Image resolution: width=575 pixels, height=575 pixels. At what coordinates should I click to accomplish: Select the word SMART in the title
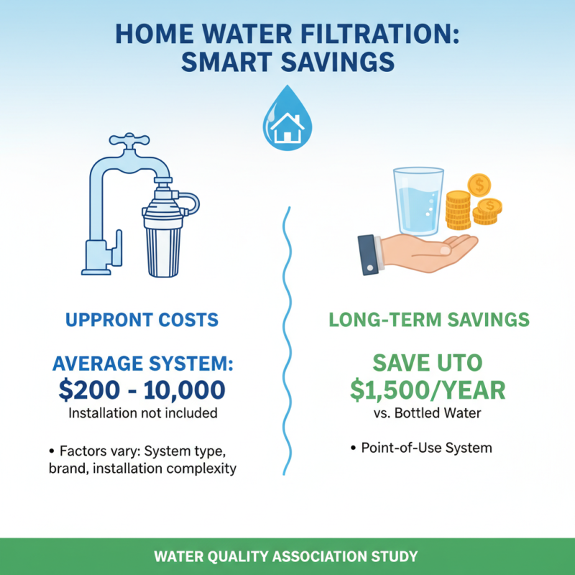tap(228, 62)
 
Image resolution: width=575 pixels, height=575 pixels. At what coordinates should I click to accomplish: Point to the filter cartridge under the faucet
tap(163, 241)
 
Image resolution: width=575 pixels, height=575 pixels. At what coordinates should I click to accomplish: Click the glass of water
tap(416, 201)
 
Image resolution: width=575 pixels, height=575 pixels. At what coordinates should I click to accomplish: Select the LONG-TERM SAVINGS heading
tap(429, 319)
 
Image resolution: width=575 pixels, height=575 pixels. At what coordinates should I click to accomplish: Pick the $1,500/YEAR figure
tap(428, 390)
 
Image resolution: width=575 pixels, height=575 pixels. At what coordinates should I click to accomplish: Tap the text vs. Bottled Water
tap(428, 413)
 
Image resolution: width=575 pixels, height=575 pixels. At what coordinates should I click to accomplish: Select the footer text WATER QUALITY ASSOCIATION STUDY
tap(287, 556)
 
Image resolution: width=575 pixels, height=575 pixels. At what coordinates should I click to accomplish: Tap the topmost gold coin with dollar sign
tap(478, 185)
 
